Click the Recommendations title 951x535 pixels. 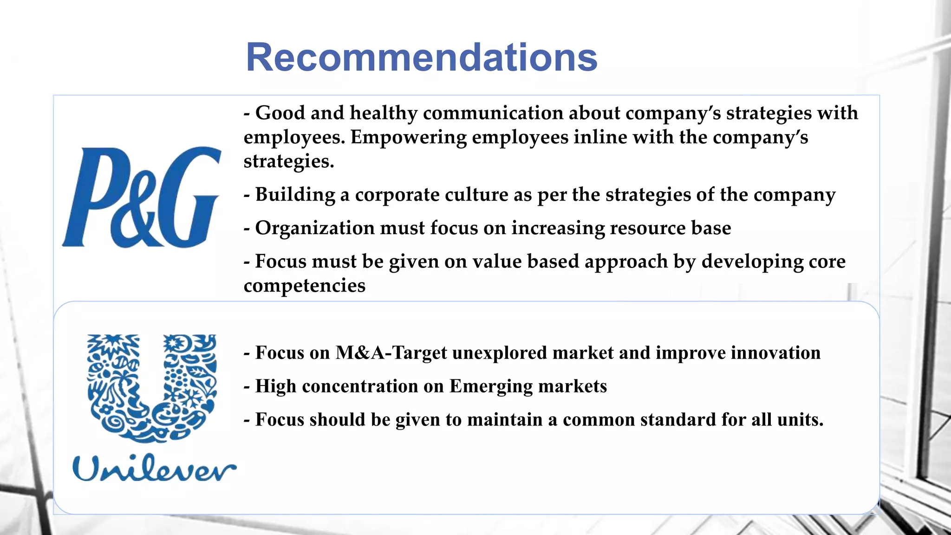click(x=422, y=57)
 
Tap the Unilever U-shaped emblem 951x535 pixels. click(x=152, y=387)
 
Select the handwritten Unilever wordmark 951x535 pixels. click(x=154, y=468)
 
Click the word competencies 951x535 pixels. click(x=305, y=286)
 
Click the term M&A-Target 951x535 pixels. click(x=391, y=353)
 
